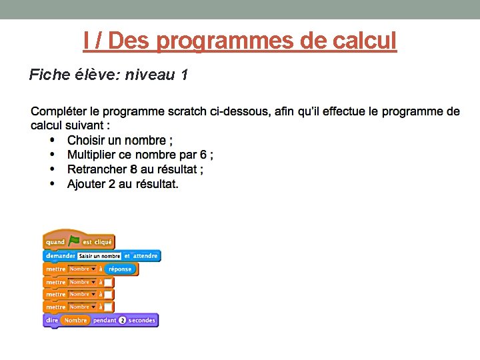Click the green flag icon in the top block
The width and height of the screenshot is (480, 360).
click(x=74, y=241)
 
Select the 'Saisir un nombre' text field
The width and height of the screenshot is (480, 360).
click(x=99, y=256)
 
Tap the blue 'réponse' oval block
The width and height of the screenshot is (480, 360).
click(x=120, y=269)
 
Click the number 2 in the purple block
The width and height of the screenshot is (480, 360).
click(x=122, y=321)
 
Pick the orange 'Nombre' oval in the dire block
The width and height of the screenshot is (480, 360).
click(x=75, y=321)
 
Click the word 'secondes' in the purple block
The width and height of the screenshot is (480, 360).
click(x=141, y=321)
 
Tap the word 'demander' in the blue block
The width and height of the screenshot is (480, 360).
click(x=60, y=256)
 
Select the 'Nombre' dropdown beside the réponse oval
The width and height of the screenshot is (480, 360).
click(x=83, y=269)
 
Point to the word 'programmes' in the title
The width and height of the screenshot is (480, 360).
click(x=225, y=41)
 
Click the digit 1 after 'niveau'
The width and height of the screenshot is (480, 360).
click(x=183, y=75)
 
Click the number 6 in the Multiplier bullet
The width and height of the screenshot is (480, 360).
click(x=203, y=155)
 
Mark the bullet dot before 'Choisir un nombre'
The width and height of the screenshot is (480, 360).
click(x=53, y=141)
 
